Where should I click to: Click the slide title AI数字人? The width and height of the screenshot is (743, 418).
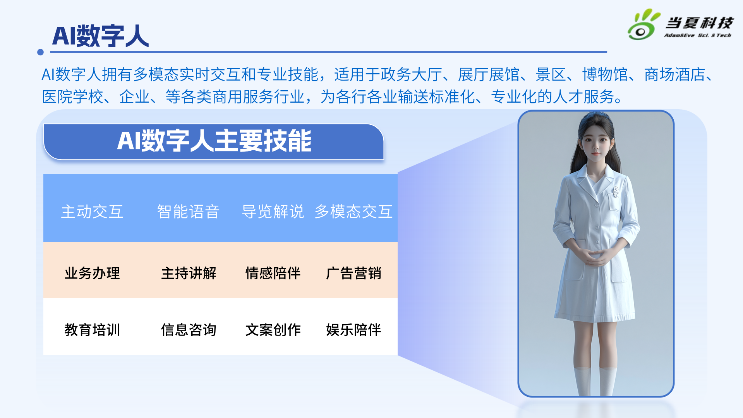(100, 36)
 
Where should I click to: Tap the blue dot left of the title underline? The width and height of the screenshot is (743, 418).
(40, 52)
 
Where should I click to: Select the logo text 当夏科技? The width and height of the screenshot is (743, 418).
(699, 23)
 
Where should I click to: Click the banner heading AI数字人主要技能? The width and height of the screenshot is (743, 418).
(214, 141)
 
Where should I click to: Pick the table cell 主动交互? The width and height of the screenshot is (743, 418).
(92, 212)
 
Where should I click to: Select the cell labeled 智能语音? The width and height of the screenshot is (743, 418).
(188, 212)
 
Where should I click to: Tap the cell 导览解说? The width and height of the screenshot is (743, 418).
(273, 212)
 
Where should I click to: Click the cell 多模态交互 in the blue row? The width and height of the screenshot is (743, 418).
(353, 212)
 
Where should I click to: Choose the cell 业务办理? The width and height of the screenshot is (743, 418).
(92, 273)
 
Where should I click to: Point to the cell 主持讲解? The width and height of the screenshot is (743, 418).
(189, 273)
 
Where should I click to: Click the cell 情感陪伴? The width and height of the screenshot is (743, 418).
(273, 273)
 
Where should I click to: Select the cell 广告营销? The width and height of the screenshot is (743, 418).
(353, 273)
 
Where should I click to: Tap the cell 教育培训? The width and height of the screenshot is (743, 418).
(92, 330)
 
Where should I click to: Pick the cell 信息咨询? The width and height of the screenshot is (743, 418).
(189, 330)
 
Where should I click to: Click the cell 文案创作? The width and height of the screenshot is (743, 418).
(273, 330)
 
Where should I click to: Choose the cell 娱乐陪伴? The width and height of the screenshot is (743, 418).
(353, 330)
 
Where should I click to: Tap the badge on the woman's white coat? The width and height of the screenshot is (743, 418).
(616, 191)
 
